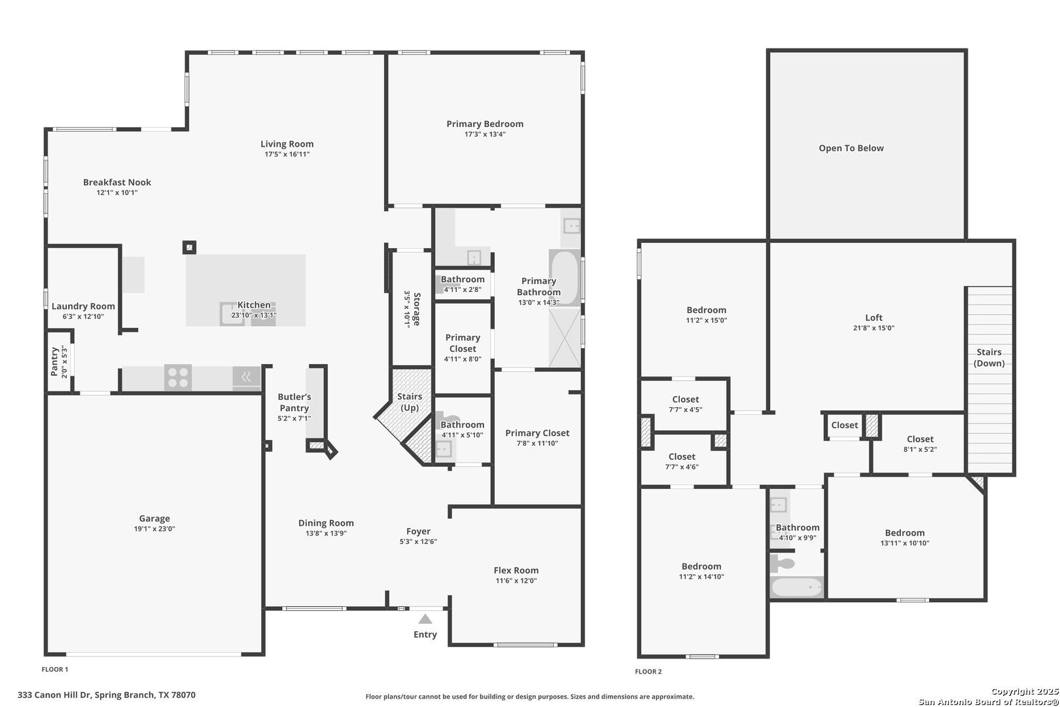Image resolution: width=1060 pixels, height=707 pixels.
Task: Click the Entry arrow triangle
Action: coord(425,619)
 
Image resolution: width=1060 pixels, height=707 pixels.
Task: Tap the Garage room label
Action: coord(154,518)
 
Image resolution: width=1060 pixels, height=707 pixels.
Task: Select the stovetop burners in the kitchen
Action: coord(178,378)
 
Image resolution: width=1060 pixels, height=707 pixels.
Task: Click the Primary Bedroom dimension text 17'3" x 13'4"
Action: coord(485,134)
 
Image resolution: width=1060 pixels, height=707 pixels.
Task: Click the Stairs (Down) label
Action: coord(989,357)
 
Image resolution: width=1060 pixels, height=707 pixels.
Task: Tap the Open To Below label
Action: coord(851,148)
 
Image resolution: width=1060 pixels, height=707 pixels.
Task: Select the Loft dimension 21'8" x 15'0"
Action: coord(874,328)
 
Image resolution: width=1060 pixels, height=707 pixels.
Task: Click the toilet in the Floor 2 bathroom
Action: coord(782,563)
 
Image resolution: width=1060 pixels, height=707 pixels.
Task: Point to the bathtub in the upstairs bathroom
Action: coord(797,587)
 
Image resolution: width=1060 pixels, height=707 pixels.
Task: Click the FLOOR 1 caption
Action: coord(55,670)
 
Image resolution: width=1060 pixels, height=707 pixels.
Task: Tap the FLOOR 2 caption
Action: coord(648,672)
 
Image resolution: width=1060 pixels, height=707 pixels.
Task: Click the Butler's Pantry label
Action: coord(294,403)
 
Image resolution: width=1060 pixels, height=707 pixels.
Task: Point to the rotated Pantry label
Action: coord(54,362)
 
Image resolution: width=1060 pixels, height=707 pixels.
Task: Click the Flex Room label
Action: coord(516,571)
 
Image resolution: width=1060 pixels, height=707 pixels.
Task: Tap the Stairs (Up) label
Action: coord(410,402)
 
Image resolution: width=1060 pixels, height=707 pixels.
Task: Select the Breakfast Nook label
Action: coord(117,182)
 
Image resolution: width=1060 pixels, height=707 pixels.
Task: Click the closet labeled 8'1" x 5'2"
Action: coord(920,444)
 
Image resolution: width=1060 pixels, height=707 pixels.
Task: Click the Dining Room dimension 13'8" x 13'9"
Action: coord(326,534)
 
